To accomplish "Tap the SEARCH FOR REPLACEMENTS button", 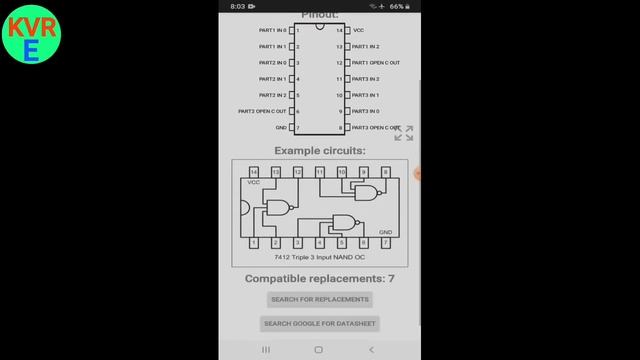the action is (320, 299).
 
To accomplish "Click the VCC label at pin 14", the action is (359, 30).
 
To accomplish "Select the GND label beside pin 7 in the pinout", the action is (281, 127).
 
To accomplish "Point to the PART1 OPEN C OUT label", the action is (377, 63).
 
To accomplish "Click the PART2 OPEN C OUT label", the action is (262, 111).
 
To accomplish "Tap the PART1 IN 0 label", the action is (272, 30).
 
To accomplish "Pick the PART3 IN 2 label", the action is (366, 79).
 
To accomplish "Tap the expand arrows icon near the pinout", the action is (404, 133).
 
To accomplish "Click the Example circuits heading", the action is (320, 151).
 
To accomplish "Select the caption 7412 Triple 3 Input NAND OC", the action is (319, 258).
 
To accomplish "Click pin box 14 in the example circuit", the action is (254, 172).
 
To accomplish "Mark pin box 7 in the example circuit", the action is (385, 242).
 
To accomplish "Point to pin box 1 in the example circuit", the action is (254, 242).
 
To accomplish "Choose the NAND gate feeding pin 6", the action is (345, 223).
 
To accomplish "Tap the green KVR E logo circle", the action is (32, 38).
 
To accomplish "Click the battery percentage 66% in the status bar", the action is (398, 6).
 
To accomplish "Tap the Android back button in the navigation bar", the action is (372, 350).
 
